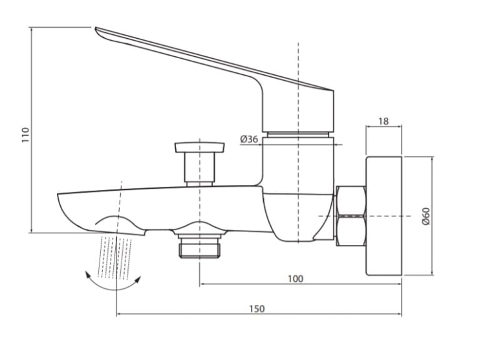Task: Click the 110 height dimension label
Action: (25, 134)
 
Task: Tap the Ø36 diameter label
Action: (249, 139)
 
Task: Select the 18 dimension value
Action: (383, 122)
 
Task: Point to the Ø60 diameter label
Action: (426, 216)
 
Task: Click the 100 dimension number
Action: (296, 279)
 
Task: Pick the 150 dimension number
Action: (257, 309)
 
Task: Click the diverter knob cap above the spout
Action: (200, 147)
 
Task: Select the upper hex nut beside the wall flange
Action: (351, 200)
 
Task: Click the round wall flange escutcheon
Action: (384, 216)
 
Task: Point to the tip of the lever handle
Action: (96, 28)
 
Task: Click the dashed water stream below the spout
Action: (115, 257)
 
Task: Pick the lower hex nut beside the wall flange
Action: (351, 231)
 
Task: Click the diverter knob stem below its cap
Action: (200, 167)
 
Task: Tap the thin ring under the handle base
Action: (298, 134)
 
